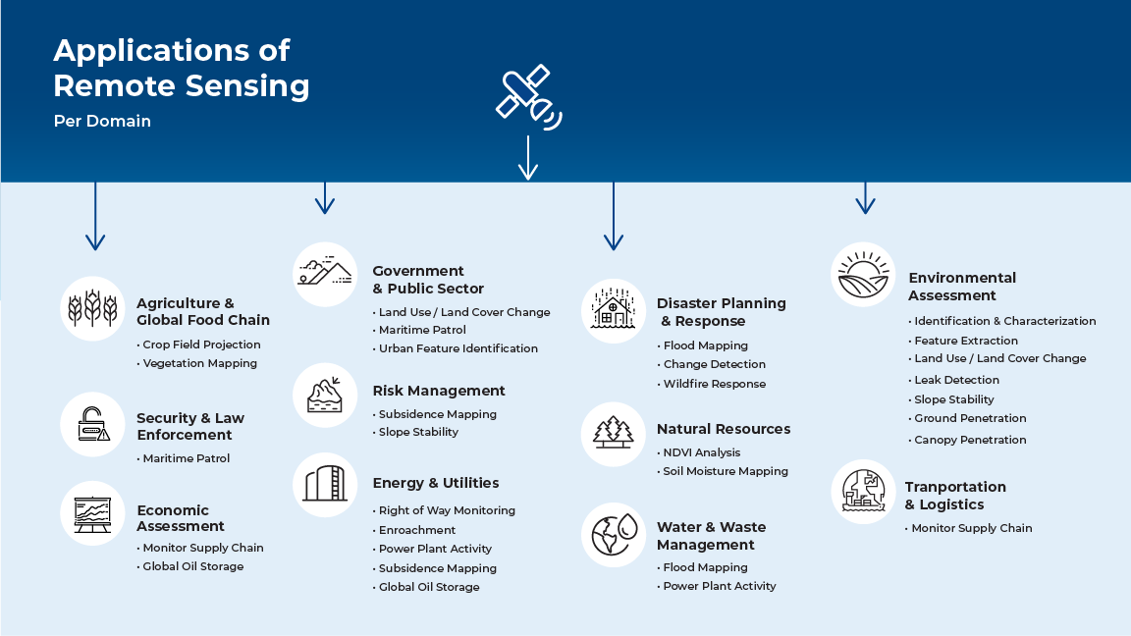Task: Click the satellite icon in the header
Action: coord(528,97)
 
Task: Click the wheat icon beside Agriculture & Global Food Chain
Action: coord(92,308)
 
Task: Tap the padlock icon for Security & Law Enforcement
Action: coord(93,424)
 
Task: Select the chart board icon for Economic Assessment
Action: coord(92,513)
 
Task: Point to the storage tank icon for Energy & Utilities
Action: coord(325,484)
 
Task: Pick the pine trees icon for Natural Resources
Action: coord(613,432)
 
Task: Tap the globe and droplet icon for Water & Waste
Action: coord(614,534)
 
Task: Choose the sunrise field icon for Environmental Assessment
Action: coord(863,275)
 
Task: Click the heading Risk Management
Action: coord(439,391)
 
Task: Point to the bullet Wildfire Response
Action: coord(711,384)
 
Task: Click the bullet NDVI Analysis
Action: coord(698,452)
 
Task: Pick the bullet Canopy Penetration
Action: coord(966,440)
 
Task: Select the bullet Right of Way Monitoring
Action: coord(444,510)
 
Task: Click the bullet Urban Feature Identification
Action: coord(456,348)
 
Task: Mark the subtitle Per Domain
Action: coord(102,121)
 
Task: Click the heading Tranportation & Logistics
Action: coord(955,496)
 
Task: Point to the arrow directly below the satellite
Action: coord(528,157)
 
